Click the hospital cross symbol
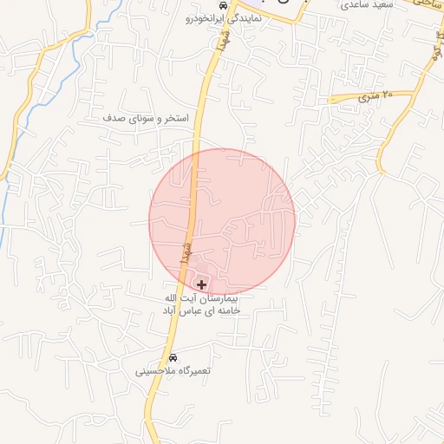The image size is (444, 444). pyautogui.click(x=202, y=284)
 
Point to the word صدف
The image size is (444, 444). pyautogui.click(x=115, y=116)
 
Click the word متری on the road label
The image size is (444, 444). pyautogui.click(x=369, y=99)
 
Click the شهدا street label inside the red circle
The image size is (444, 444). pyautogui.click(x=184, y=251)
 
